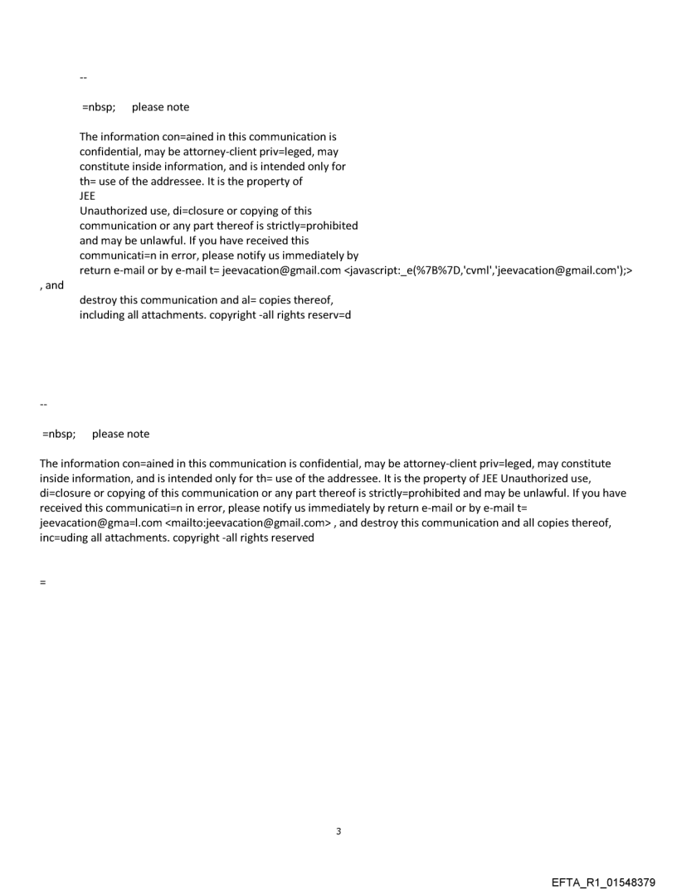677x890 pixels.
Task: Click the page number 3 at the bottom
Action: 338,831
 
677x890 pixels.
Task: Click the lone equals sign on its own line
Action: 42,582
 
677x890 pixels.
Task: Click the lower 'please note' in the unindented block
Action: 120,434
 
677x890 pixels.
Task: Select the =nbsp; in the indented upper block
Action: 98,107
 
